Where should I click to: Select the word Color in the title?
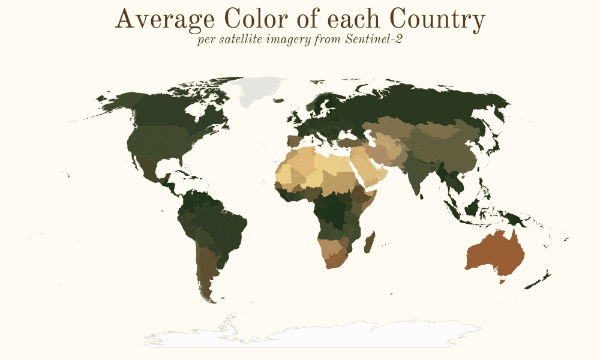258,20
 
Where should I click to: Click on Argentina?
208,270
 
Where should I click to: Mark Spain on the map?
295,143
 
